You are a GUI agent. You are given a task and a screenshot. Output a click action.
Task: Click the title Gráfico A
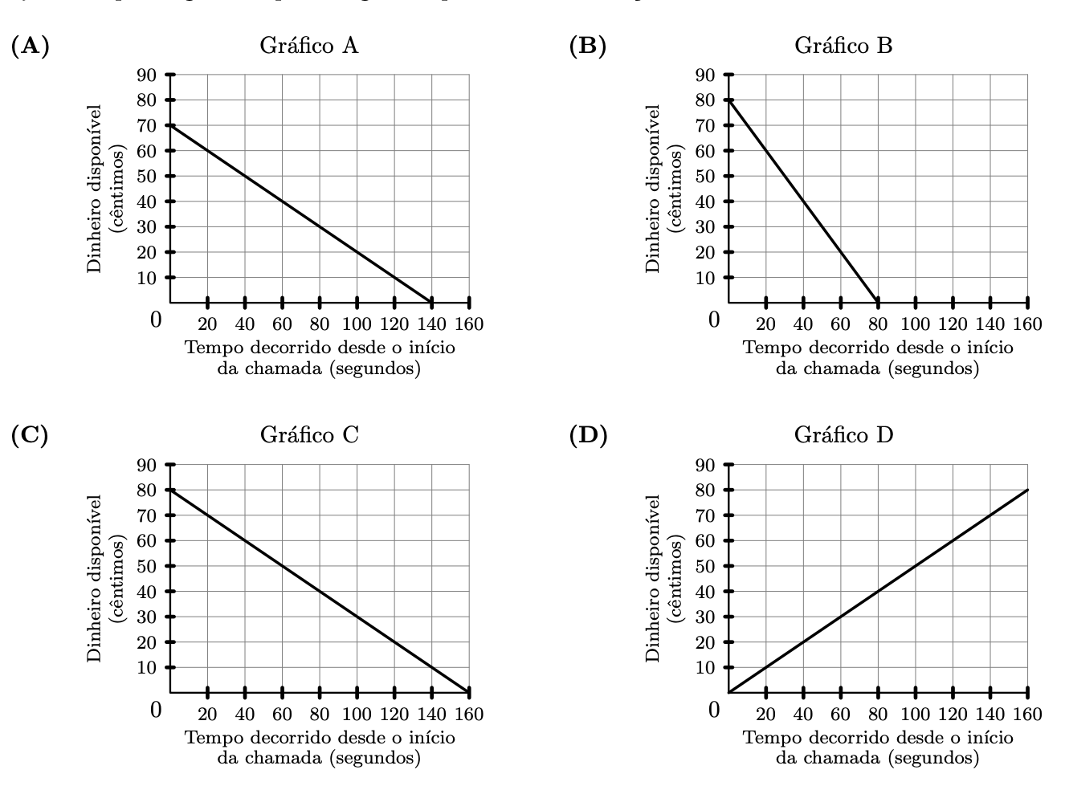[309, 46]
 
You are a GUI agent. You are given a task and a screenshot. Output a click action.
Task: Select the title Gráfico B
[843, 46]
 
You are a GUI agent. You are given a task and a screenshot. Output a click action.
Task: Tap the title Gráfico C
[309, 435]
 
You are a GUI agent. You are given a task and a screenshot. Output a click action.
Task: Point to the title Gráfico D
[843, 435]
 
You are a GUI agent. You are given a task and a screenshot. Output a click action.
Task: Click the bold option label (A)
[30, 46]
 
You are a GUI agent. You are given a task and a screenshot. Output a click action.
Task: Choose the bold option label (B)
[587, 46]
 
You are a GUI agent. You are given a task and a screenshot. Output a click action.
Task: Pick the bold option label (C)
[30, 435]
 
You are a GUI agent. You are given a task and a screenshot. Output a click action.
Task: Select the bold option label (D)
[588, 435]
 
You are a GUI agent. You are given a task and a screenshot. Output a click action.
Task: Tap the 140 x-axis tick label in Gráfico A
[431, 324]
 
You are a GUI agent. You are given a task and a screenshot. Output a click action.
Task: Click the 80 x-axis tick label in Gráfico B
[878, 324]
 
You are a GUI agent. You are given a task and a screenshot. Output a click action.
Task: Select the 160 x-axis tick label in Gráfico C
[469, 714]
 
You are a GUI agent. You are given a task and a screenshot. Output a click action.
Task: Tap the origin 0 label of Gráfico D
[714, 710]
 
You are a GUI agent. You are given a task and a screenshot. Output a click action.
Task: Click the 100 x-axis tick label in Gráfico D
[915, 714]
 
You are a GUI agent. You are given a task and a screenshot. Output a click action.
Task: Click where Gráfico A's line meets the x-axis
[431, 303]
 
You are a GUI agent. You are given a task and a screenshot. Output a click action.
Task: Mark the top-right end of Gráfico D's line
[1027, 490]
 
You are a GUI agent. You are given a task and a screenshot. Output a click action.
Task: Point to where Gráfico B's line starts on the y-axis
[728, 100]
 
